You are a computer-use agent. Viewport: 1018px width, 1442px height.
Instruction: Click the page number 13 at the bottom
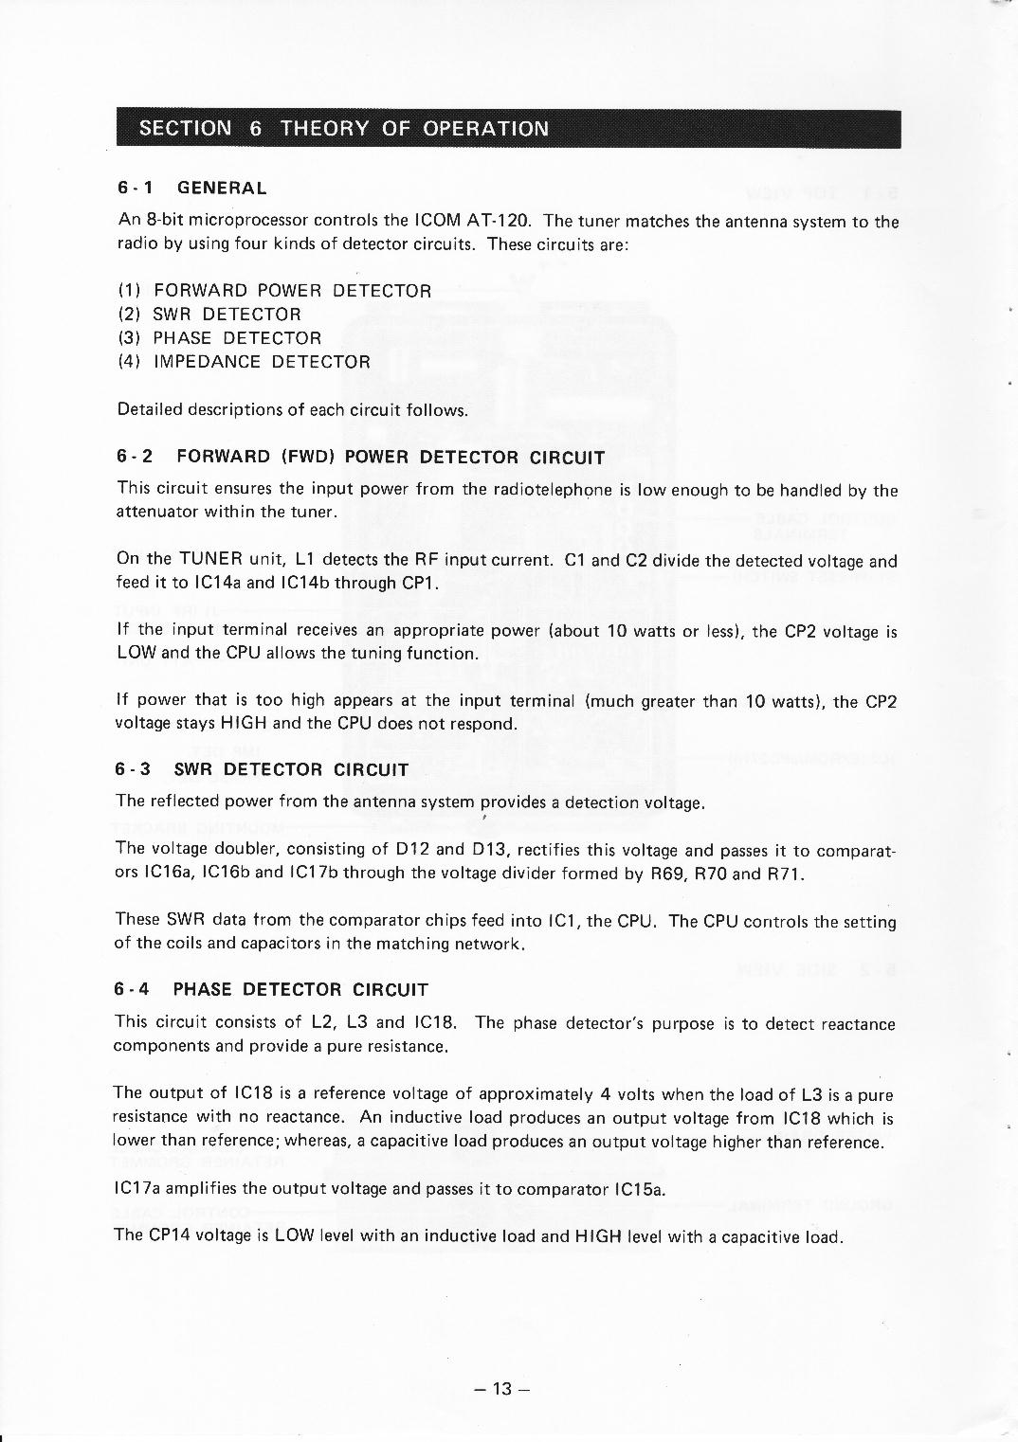tap(502, 1389)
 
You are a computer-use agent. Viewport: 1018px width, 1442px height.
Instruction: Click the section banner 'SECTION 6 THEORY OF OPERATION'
tap(343, 129)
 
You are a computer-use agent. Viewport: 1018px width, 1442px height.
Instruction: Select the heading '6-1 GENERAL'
tap(192, 188)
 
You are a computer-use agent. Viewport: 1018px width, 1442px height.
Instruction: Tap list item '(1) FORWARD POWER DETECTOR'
tap(275, 291)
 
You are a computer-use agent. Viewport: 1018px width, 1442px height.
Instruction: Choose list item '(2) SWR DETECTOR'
tap(209, 315)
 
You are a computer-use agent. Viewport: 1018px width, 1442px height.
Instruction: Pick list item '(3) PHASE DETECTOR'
tap(220, 338)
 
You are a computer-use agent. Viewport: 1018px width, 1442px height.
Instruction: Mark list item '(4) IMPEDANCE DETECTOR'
tap(244, 362)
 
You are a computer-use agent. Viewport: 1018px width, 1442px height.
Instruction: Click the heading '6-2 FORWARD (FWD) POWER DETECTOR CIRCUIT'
tap(361, 458)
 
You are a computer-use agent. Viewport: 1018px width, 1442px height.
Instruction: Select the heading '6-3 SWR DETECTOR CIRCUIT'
tap(263, 769)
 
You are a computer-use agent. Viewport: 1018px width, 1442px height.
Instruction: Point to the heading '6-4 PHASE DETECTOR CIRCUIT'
tap(271, 990)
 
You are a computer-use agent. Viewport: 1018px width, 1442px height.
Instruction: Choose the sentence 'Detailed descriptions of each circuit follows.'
tap(292, 410)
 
